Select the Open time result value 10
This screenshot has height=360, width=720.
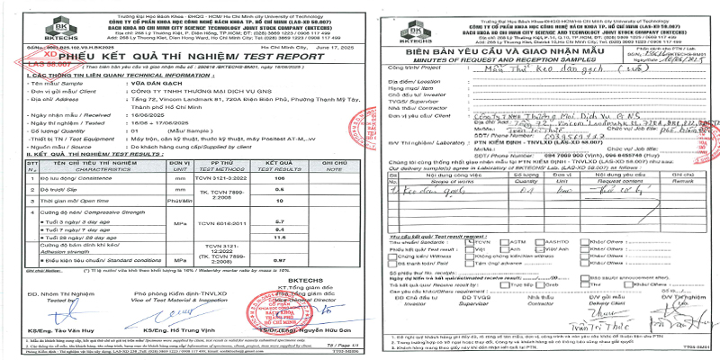(x=303, y=202)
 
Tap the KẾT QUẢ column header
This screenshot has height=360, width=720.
(x=303, y=164)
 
